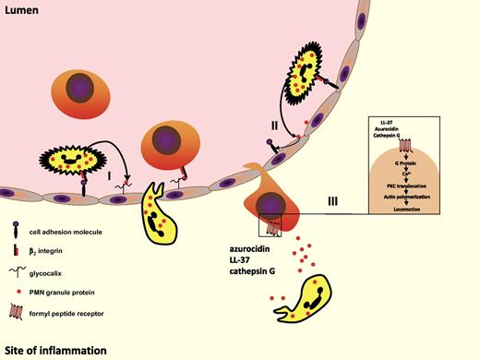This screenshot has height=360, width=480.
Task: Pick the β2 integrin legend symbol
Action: pos(18,249)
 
